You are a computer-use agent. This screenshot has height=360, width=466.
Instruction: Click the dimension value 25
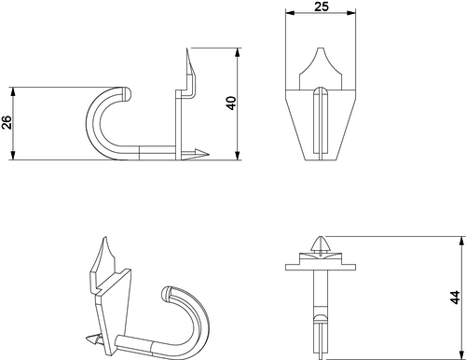[321, 7]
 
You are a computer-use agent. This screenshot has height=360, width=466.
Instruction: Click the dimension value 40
[231, 104]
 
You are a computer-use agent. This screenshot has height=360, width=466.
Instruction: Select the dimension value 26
[7, 122]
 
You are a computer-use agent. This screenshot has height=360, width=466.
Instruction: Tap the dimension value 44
[455, 298]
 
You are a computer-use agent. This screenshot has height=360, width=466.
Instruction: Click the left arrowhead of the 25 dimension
[290, 13]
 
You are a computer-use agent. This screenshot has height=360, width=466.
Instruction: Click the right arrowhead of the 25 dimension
[351, 13]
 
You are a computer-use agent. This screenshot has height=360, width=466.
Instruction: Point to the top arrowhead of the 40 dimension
[238, 52]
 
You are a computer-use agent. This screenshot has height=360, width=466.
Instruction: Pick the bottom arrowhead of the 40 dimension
[238, 156]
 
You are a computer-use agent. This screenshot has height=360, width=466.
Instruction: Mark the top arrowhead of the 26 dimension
[13, 91]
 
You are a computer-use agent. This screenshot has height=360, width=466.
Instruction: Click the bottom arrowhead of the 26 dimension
[13, 156]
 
